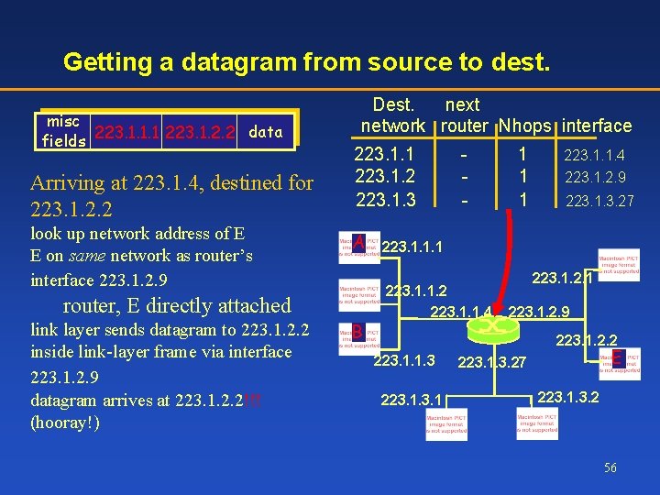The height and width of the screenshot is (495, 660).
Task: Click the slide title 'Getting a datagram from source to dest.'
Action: click(x=307, y=62)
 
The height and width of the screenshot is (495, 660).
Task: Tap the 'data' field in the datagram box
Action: click(x=266, y=132)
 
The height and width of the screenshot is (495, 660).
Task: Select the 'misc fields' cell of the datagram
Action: click(x=63, y=132)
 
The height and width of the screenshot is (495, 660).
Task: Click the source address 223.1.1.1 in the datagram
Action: click(x=127, y=132)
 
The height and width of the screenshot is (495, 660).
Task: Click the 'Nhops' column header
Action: click(x=525, y=126)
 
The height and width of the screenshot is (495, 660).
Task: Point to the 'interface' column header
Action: click(x=597, y=126)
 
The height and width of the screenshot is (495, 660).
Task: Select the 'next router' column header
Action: click(x=463, y=115)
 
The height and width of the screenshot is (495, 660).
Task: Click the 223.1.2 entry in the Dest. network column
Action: click(x=385, y=177)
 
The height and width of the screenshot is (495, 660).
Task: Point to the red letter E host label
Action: click(x=618, y=359)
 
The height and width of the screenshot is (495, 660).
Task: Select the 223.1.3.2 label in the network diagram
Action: click(x=568, y=396)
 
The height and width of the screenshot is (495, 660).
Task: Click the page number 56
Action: click(x=610, y=467)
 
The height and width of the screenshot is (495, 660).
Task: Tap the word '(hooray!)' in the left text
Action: click(x=65, y=423)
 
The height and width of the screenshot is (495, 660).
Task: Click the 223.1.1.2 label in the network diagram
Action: click(x=417, y=291)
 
